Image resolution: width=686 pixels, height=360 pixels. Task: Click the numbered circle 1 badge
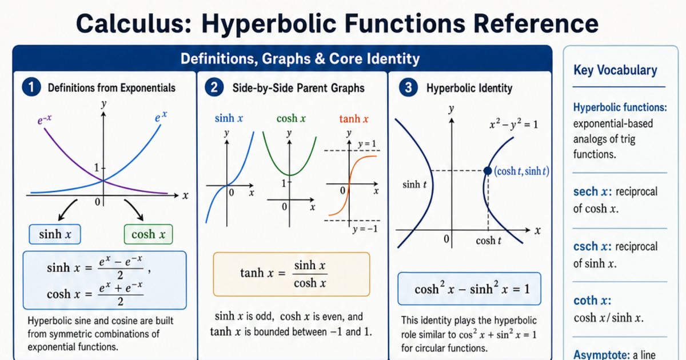(x=31, y=87)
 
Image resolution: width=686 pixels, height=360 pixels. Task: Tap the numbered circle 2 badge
(x=214, y=87)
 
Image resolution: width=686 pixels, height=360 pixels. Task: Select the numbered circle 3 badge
(x=408, y=87)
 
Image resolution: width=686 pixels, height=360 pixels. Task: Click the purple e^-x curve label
(x=45, y=119)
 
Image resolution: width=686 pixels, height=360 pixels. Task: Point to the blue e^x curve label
(x=161, y=117)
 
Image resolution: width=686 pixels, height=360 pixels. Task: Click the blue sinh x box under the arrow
(x=55, y=234)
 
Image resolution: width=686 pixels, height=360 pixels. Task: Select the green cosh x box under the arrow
(x=148, y=234)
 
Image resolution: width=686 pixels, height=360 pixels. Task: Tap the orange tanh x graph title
(x=354, y=118)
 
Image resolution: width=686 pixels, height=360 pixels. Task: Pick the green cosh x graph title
(x=291, y=118)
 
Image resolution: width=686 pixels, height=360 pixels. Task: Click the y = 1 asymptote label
(x=367, y=144)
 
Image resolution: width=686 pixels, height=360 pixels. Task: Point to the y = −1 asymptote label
(x=365, y=229)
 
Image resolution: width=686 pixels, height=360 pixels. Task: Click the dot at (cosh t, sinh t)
(x=488, y=171)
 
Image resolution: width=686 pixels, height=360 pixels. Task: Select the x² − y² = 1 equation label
(x=513, y=125)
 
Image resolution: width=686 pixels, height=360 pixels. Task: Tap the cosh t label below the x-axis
(x=488, y=241)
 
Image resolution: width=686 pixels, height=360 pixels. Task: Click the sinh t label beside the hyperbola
(x=414, y=184)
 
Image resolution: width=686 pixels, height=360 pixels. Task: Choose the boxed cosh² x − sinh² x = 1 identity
(x=469, y=289)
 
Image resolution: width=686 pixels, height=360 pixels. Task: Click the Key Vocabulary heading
(x=615, y=70)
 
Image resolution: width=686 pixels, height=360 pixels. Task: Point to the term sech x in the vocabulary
(x=592, y=191)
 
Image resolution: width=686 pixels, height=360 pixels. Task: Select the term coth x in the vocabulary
(x=592, y=301)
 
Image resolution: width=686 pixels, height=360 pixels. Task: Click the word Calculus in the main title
(x=134, y=23)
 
